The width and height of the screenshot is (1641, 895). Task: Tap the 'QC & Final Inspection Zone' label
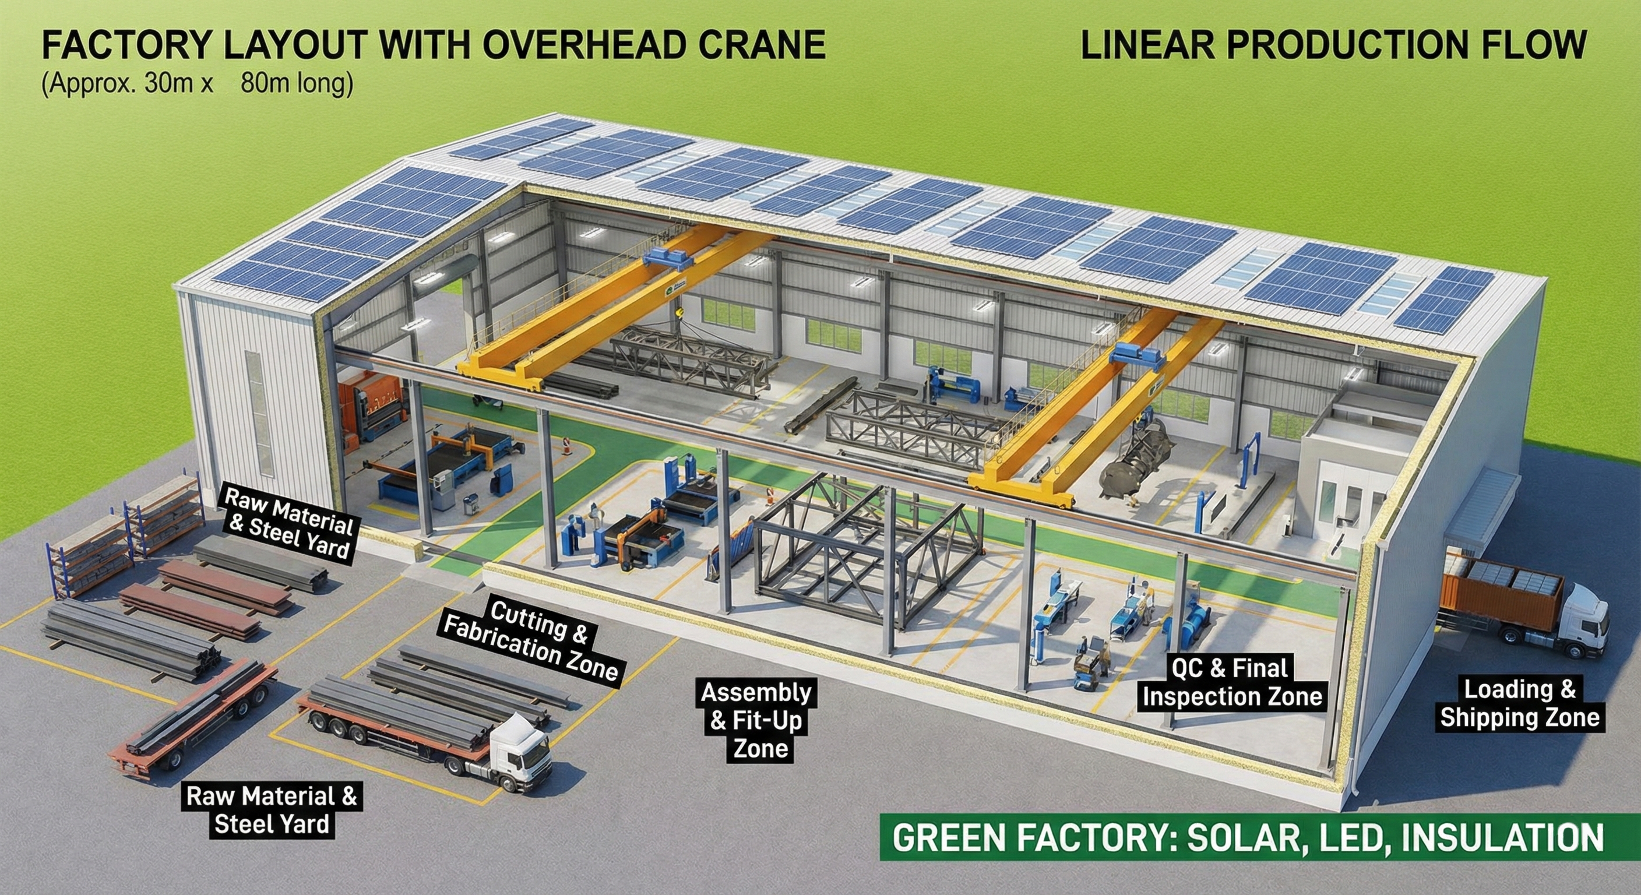1232,682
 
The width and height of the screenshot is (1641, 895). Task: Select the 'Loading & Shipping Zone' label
1519,704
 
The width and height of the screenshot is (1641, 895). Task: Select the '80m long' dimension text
297,83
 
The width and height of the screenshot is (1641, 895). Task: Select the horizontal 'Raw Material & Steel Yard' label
272,809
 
